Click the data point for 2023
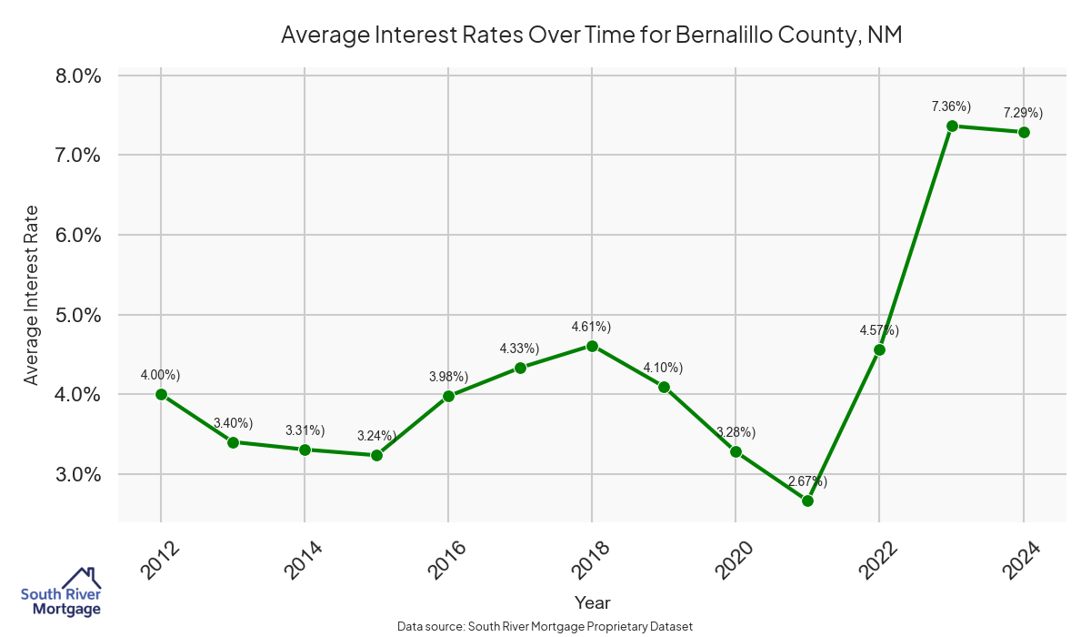952,126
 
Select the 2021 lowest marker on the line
807,500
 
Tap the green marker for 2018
592,346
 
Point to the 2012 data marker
161,394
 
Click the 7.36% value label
951,106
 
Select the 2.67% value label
807,480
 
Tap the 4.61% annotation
591,326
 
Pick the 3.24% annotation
375,435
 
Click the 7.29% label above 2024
1023,113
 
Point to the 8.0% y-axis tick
78,76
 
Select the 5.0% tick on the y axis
78,315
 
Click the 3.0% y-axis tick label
78,474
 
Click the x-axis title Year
592,602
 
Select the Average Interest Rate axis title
32,295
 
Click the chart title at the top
591,35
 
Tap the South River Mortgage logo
61,592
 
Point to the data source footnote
545,626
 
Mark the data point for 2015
376,455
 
